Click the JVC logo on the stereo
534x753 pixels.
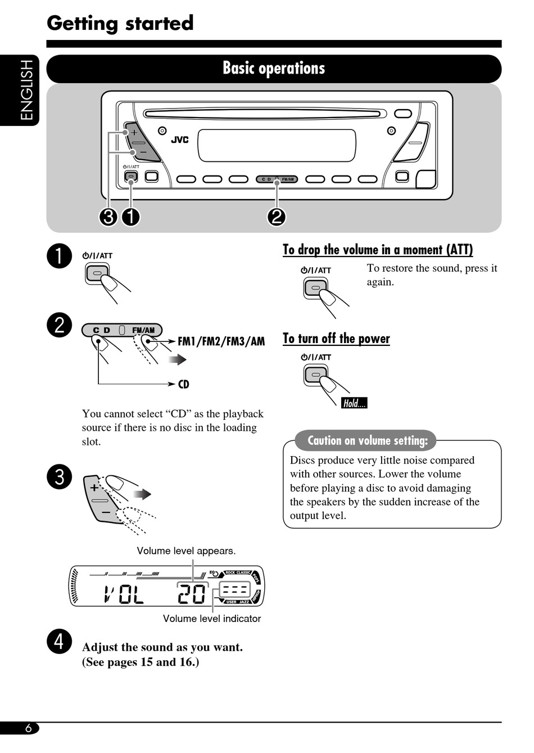click(x=180, y=140)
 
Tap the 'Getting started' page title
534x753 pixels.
click(x=120, y=24)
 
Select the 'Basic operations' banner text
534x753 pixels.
click(x=274, y=69)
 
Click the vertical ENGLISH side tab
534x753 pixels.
click(x=26, y=90)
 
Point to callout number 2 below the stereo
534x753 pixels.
click(x=277, y=217)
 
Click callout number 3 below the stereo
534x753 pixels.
click(x=108, y=217)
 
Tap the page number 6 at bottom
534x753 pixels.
click(x=28, y=728)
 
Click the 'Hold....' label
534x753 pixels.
click(x=354, y=403)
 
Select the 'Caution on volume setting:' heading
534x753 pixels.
click(x=368, y=441)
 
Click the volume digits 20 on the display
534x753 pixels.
click(x=192, y=594)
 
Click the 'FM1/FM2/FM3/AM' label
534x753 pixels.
click(x=221, y=341)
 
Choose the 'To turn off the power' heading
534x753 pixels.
click(x=336, y=339)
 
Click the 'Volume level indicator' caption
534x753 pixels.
click(x=212, y=619)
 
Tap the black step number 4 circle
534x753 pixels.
click(x=60, y=641)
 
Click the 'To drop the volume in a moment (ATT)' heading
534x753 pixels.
click(x=378, y=250)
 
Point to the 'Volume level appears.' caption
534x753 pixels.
click(x=186, y=551)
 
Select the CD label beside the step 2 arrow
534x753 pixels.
click(x=184, y=385)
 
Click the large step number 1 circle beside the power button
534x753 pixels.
click(x=60, y=256)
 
